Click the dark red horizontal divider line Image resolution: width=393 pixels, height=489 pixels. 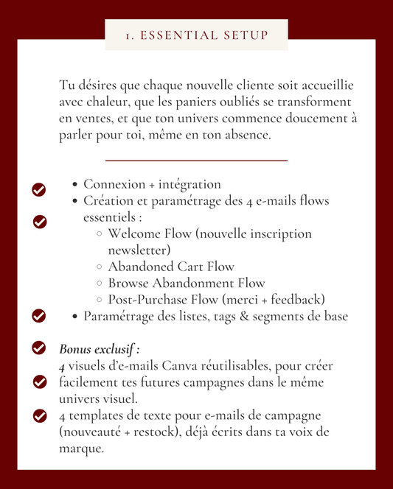click(196, 160)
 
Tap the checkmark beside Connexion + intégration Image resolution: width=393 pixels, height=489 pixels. click(39, 190)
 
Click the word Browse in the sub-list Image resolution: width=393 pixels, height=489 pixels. click(130, 283)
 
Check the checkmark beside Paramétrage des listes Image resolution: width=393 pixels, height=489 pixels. click(39, 316)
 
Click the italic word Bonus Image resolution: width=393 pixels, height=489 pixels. click(76, 348)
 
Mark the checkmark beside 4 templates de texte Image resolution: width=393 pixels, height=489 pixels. click(40, 416)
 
